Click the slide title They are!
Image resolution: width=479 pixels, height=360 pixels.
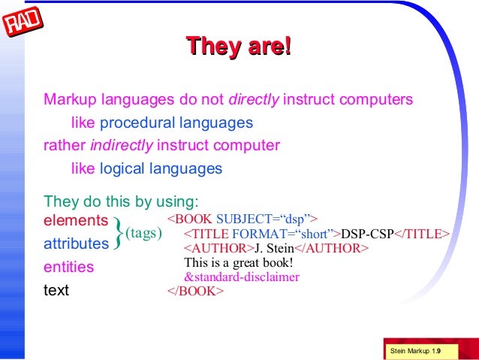click(x=238, y=46)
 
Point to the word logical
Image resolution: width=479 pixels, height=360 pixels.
click(x=123, y=168)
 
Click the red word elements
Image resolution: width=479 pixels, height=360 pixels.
click(x=76, y=220)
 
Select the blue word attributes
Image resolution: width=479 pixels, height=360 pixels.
click(x=76, y=244)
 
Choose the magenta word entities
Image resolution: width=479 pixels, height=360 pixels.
click(x=69, y=267)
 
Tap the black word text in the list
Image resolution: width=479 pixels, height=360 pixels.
click(x=56, y=290)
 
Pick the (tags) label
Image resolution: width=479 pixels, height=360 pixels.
click(x=143, y=233)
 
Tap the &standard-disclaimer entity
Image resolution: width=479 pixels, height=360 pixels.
click(x=242, y=277)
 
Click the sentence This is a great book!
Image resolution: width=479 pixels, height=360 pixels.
click(x=238, y=262)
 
